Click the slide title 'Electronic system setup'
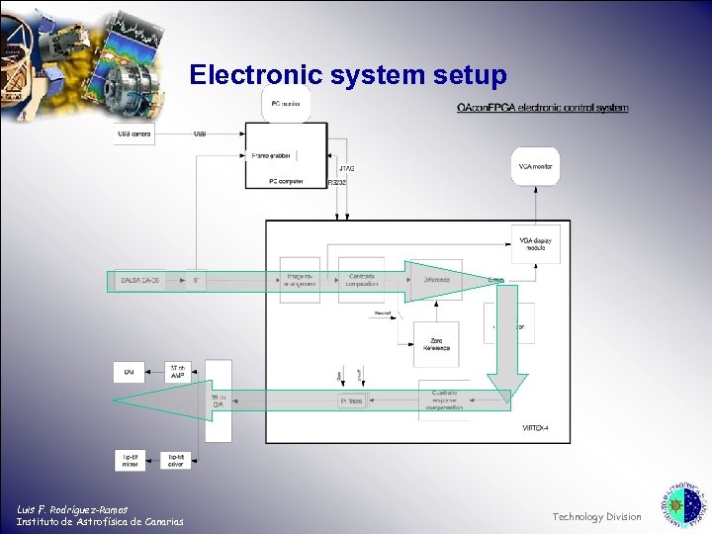348,75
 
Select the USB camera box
135,133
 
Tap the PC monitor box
287,104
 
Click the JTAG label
346,169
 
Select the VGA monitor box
534,166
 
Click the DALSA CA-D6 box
138,281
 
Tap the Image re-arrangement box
300,281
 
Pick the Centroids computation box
361,281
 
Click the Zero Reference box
437,343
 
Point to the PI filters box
352,400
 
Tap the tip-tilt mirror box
131,460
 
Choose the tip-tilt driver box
177,460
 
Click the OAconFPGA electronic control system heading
542,108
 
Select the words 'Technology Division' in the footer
596,516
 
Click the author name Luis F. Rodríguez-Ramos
72,509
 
